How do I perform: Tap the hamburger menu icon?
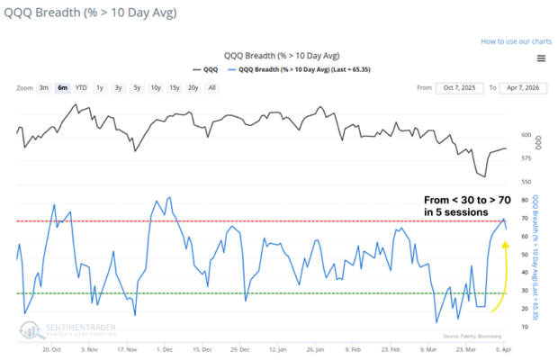point(540,58)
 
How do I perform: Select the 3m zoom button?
point(43,88)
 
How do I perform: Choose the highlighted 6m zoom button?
point(62,88)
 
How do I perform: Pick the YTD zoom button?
point(81,88)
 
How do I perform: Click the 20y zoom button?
point(193,88)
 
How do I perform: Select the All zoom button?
point(211,88)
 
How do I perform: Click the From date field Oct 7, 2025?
point(461,88)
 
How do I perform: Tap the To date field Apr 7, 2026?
point(517,88)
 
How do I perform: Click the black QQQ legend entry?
point(205,67)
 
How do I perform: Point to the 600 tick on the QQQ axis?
point(525,136)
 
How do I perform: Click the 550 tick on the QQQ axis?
point(525,181)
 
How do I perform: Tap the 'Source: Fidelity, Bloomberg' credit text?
point(470,334)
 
